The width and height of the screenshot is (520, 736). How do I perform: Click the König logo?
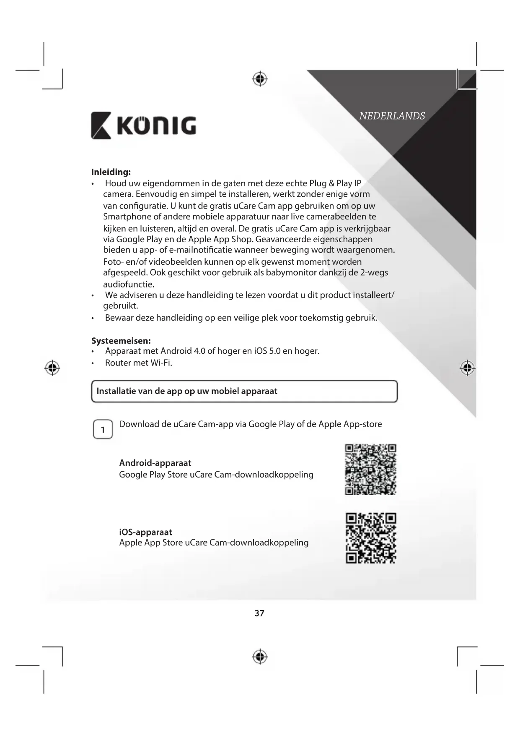(x=143, y=125)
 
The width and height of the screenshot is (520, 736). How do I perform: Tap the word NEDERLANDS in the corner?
(x=392, y=116)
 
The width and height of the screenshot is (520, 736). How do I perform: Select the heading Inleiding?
(x=111, y=172)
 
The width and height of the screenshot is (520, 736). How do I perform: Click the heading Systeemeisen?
(x=121, y=341)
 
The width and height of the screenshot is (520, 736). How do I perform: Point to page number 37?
(x=259, y=613)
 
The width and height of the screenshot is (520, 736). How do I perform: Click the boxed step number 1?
(x=103, y=429)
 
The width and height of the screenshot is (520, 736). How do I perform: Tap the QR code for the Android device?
(x=370, y=469)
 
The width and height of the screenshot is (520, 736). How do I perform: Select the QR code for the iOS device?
(x=371, y=538)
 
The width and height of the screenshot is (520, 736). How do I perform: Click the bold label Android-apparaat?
(x=155, y=463)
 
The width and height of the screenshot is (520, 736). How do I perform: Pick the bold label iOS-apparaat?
(x=145, y=532)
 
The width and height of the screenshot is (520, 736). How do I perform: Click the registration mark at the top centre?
(x=260, y=78)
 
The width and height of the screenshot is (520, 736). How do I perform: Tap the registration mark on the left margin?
(x=52, y=368)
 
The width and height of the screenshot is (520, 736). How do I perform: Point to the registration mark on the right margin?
(x=467, y=368)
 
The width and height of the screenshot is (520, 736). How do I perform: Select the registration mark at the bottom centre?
(x=260, y=657)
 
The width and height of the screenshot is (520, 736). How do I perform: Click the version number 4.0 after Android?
(x=200, y=351)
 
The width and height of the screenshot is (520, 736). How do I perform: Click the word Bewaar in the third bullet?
(x=119, y=318)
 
